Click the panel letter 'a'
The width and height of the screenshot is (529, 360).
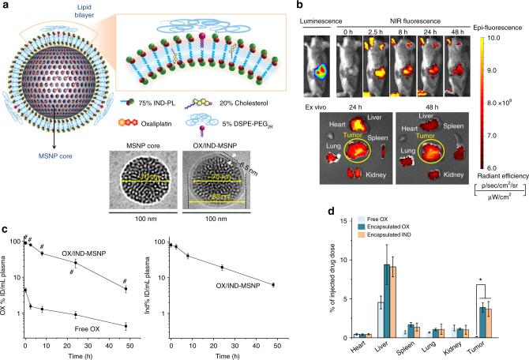[x=6, y=6]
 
